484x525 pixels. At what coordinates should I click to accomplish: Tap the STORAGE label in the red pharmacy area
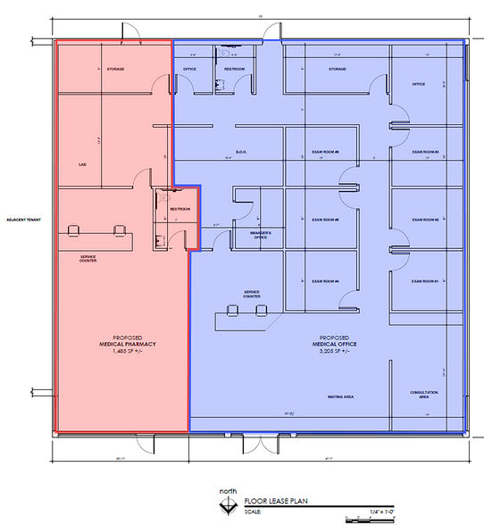[x=115, y=69]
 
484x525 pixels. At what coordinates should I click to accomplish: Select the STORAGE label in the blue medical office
[x=337, y=69]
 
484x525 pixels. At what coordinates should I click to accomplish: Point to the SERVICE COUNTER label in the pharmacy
[x=88, y=258]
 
